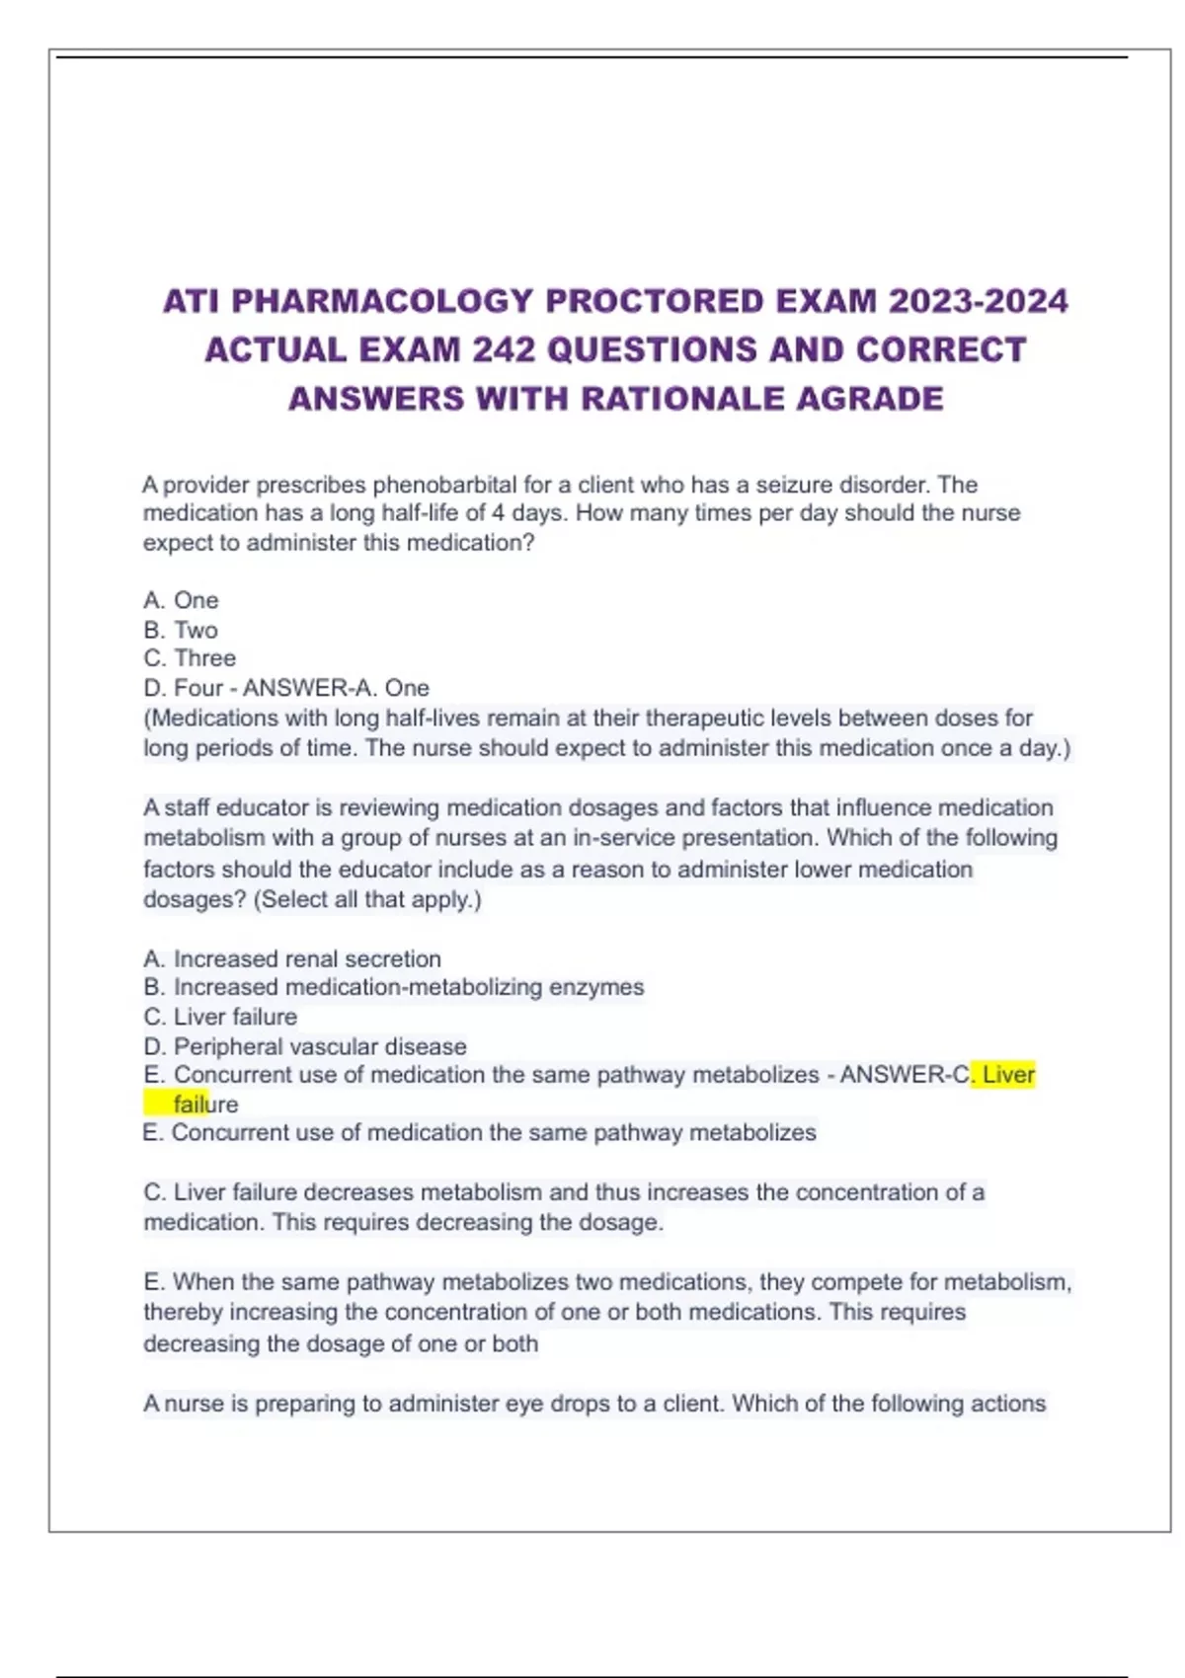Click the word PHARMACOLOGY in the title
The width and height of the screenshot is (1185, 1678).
pyautogui.click(x=382, y=301)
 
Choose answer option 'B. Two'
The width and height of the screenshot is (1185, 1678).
pyautogui.click(x=181, y=630)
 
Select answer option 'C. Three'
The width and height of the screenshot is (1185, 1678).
pyautogui.click(x=190, y=658)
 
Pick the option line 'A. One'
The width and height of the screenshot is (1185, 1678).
pyautogui.click(x=181, y=600)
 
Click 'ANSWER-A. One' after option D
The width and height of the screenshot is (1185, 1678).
pyautogui.click(x=336, y=688)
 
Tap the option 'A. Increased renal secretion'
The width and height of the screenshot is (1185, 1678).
pyautogui.click(x=292, y=958)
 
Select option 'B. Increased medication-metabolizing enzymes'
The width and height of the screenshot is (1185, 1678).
pyautogui.click(x=394, y=987)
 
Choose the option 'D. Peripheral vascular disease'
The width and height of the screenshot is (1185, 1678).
pyautogui.click(x=305, y=1046)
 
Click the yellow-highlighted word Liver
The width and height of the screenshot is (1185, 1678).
pyautogui.click(x=1008, y=1075)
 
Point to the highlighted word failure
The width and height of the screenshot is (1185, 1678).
pyautogui.click(x=205, y=1105)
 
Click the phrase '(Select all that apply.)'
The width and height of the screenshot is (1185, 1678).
pyautogui.click(x=367, y=899)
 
